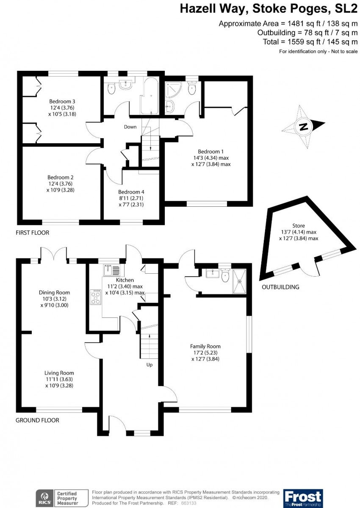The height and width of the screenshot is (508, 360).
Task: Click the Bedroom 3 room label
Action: (x=62, y=101)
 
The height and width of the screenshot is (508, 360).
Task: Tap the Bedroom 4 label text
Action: (x=131, y=192)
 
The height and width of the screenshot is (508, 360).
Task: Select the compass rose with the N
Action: (x=303, y=126)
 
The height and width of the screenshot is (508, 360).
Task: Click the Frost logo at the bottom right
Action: (x=303, y=498)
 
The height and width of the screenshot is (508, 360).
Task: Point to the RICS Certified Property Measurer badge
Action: (x=62, y=498)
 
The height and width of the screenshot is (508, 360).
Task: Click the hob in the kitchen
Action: (x=95, y=297)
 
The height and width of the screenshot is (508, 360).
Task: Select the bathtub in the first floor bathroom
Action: (x=149, y=96)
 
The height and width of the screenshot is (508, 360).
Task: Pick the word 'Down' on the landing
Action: (x=130, y=127)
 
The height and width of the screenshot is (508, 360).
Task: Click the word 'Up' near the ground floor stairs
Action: (x=149, y=364)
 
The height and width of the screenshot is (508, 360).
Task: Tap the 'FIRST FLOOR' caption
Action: (x=32, y=233)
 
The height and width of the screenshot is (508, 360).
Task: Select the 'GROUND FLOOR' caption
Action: (x=37, y=420)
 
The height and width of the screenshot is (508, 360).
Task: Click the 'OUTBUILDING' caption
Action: (x=280, y=287)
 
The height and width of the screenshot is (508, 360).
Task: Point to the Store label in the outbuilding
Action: (x=299, y=225)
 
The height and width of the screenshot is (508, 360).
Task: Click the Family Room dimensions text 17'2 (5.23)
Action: (x=205, y=353)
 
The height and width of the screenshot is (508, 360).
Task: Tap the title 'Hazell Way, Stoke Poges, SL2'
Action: (x=269, y=8)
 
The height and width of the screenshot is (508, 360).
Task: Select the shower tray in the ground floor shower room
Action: (x=240, y=281)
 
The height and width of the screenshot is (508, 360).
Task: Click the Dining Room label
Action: (x=54, y=292)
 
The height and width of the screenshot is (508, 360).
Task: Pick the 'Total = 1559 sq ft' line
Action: (x=310, y=42)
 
